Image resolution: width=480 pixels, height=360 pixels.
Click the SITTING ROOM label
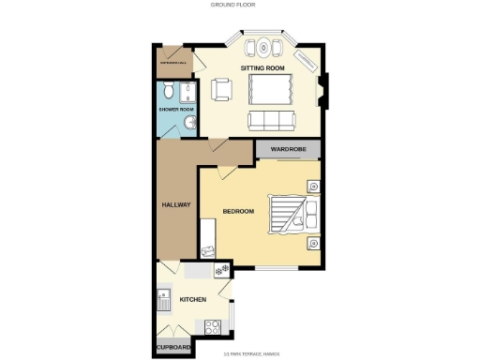262,69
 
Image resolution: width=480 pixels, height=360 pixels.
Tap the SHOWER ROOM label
175,109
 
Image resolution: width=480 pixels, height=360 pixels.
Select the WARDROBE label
289,149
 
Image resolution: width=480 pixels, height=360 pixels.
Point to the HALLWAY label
176,204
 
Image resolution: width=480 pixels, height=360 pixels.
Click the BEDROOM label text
238,211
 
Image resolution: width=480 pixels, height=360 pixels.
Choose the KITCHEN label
193,300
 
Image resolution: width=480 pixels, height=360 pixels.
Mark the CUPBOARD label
174,347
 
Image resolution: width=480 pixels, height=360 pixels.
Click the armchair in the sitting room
222,89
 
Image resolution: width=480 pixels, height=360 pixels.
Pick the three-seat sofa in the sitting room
269,120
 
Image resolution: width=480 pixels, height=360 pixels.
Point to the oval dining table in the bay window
263,47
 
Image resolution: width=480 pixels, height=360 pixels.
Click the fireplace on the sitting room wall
323,90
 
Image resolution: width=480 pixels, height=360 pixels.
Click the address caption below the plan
247,353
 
